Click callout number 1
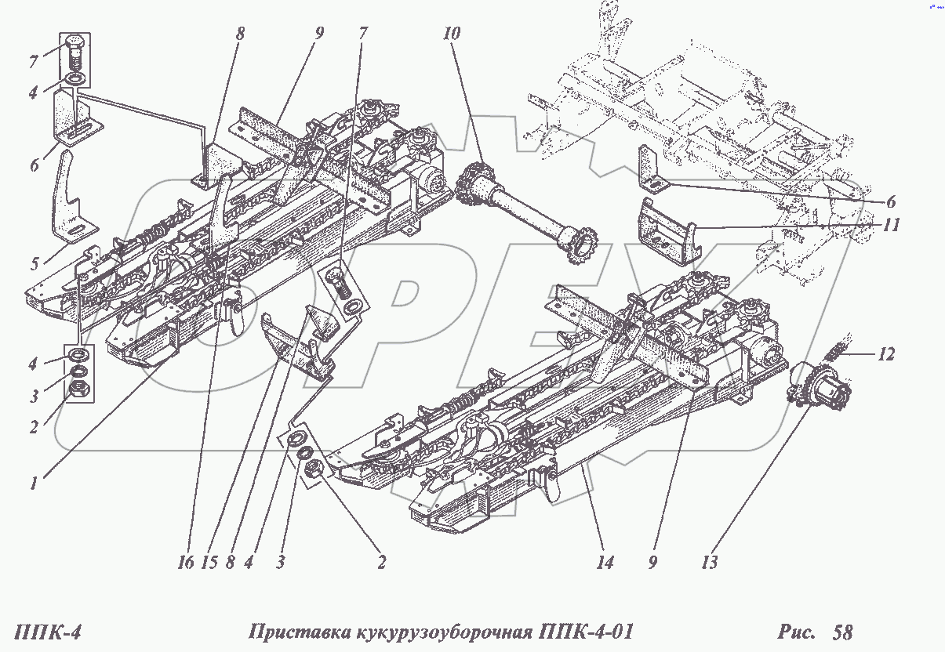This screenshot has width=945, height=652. click(x=34, y=484)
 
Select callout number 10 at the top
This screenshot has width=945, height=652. click(x=452, y=34)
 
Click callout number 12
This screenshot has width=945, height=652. click(x=886, y=354)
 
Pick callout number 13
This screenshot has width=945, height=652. click(x=710, y=562)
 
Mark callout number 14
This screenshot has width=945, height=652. click(x=605, y=562)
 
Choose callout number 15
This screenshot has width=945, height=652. click(x=209, y=562)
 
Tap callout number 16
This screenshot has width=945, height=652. click(x=185, y=562)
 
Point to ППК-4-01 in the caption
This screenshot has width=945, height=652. click(x=583, y=632)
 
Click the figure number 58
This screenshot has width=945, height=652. click(x=842, y=632)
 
